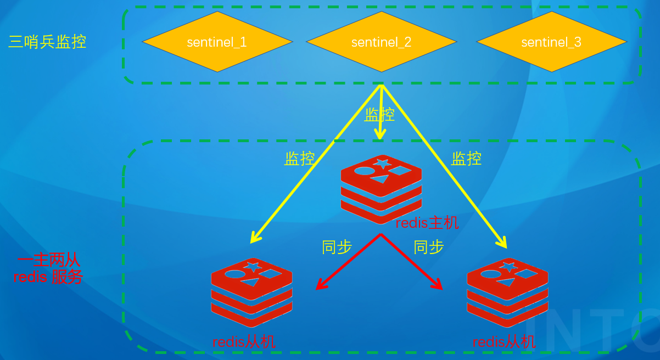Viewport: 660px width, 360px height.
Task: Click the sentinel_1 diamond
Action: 217,42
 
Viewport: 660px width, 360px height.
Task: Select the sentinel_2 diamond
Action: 381,42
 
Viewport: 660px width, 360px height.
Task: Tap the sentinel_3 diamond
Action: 551,42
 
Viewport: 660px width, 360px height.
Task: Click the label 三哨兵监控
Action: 47,42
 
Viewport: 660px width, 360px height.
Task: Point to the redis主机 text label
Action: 427,223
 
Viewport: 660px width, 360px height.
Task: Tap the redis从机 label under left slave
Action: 244,342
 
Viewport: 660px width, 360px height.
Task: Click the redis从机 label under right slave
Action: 504,342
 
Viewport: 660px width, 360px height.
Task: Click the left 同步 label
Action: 337,247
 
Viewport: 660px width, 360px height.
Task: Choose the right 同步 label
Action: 428,247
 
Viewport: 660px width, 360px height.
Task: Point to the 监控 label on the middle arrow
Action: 379,115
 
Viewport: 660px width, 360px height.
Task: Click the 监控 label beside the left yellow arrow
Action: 299,159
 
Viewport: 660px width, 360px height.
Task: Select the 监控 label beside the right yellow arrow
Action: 466,159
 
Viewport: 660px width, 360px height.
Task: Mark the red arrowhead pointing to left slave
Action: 320,285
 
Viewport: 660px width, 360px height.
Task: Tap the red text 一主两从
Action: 48,260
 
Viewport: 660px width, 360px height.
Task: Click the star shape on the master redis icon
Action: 382,164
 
